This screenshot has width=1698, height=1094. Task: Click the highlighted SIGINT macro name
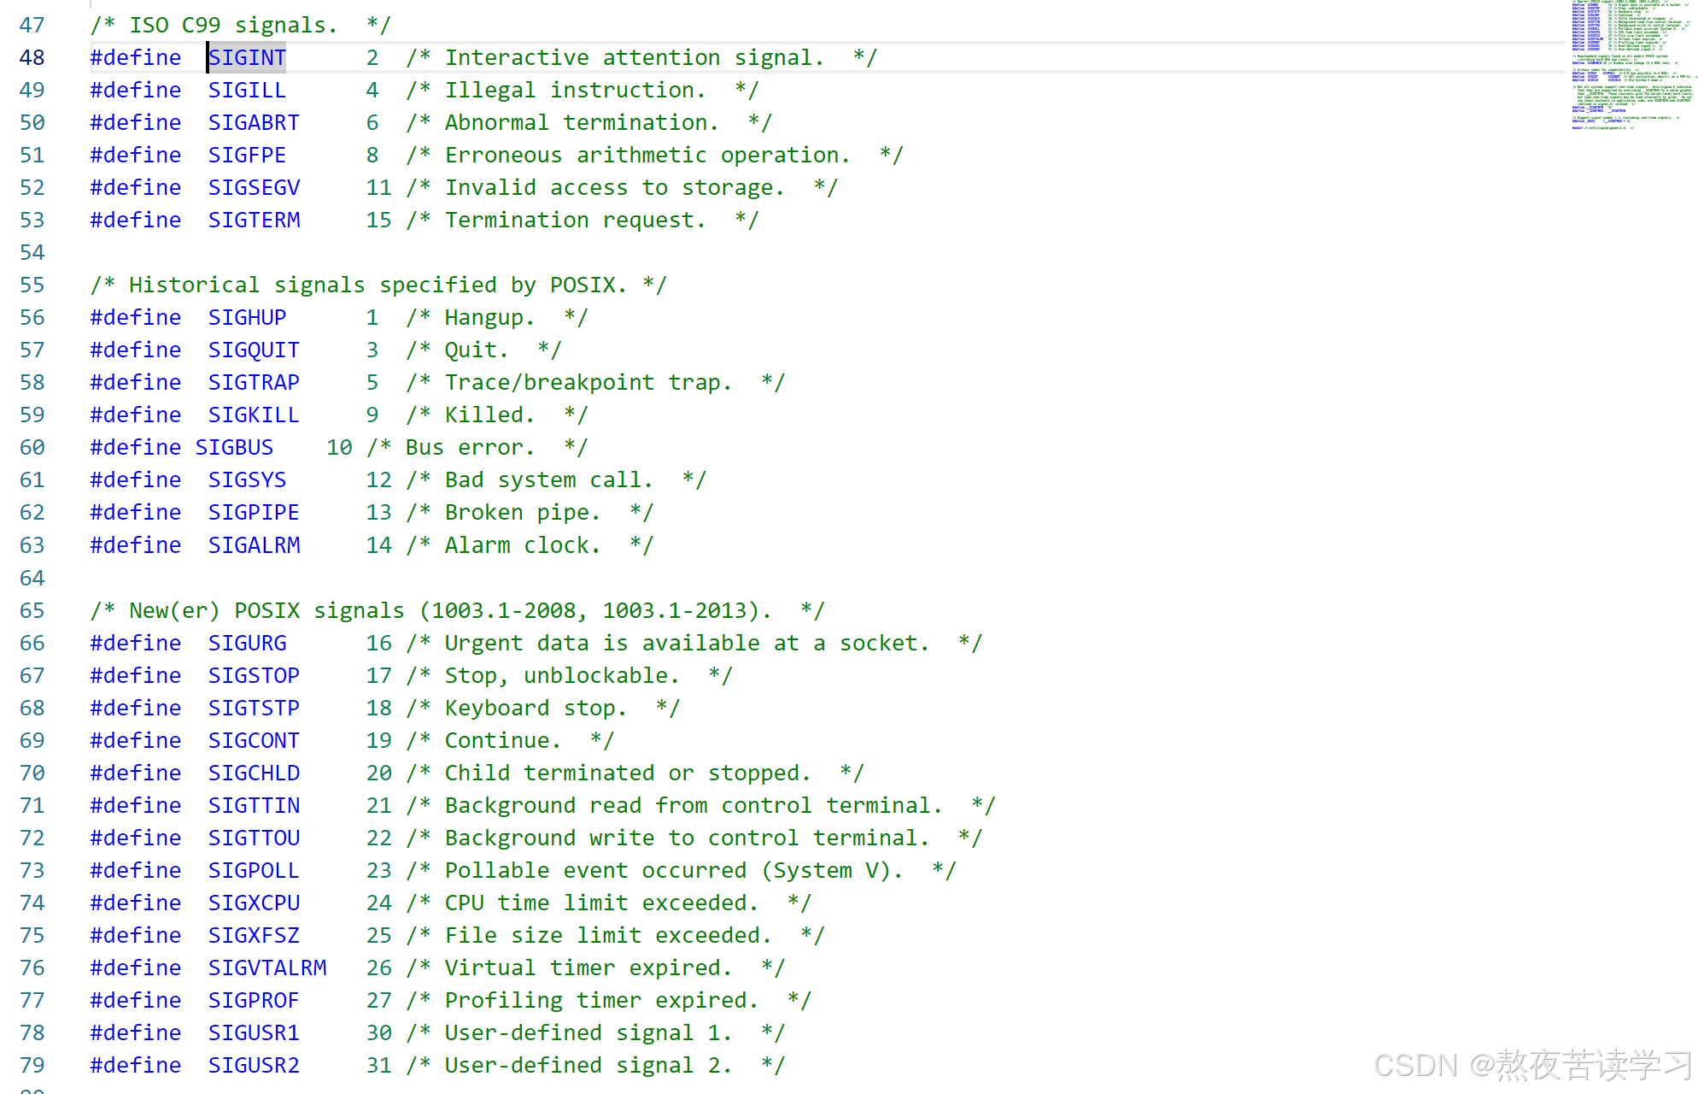pyautogui.click(x=247, y=57)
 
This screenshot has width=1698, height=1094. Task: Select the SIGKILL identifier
pyautogui.click(x=254, y=415)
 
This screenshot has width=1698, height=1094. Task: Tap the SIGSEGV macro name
pyautogui.click(x=254, y=187)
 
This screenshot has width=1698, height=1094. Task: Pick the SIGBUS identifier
pyautogui.click(x=234, y=447)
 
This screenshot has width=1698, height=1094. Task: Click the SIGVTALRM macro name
pyautogui.click(x=267, y=968)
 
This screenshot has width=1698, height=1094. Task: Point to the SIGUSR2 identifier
pyautogui.click(x=254, y=1065)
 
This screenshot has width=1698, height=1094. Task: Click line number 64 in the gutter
pyautogui.click(x=32, y=578)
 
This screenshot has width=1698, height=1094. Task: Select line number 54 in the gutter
pyautogui.click(x=32, y=252)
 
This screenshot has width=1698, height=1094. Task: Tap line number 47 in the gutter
pyautogui.click(x=32, y=25)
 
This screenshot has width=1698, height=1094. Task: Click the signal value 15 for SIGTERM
pyautogui.click(x=378, y=220)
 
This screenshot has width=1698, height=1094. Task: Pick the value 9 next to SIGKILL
pyautogui.click(x=372, y=415)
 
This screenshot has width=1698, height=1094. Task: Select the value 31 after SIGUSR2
pyautogui.click(x=378, y=1065)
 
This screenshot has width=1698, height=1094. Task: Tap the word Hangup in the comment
pyautogui.click(x=484, y=317)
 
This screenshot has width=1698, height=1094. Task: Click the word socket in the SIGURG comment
pyautogui.click(x=878, y=643)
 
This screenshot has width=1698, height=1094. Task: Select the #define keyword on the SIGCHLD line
pyautogui.click(x=136, y=773)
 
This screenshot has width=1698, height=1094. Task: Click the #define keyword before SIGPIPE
pyautogui.click(x=136, y=512)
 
